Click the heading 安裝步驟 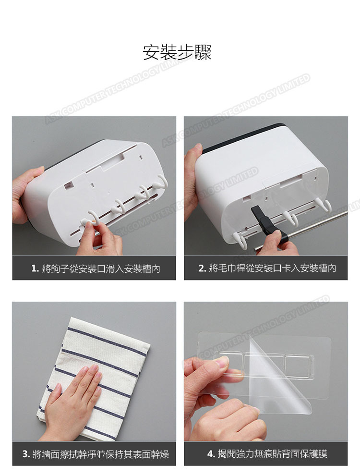point(177,52)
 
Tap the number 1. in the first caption point(35,269)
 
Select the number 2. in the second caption point(202,268)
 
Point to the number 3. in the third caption point(26,454)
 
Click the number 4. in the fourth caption point(211,454)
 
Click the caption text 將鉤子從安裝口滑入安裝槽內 point(101,269)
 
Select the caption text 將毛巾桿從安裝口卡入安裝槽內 point(272,268)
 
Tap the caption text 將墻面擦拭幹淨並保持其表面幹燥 point(101,454)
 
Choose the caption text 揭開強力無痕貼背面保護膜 point(272,454)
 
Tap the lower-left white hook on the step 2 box point(240,240)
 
